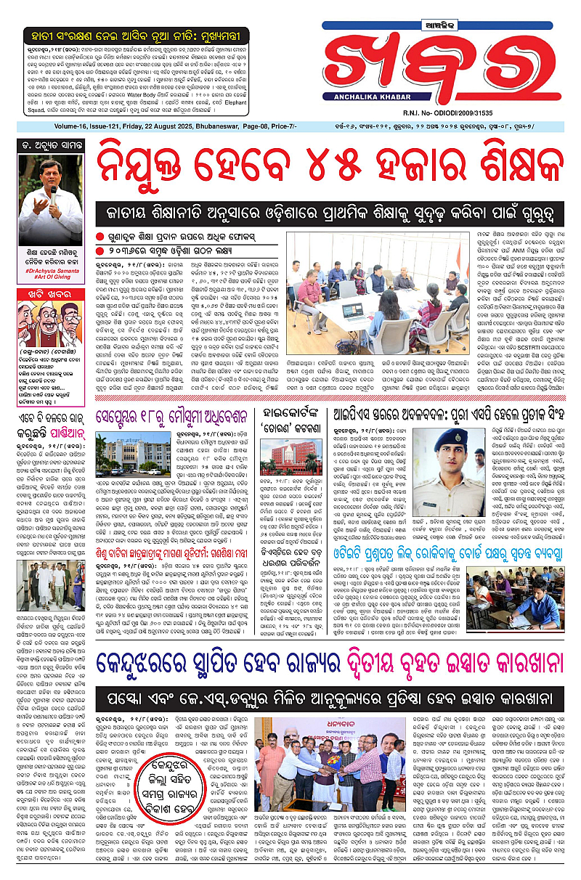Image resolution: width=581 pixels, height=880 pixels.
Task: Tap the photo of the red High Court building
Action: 296,454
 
